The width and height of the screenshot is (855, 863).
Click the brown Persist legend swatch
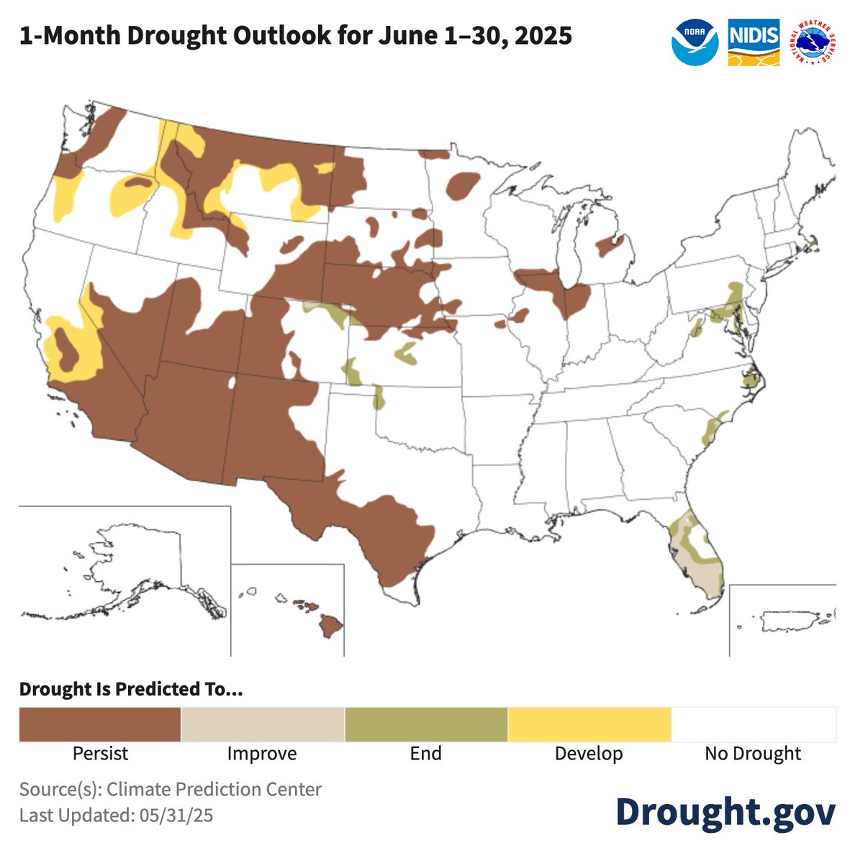(x=99, y=724)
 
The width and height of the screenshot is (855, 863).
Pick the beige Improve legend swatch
(x=263, y=724)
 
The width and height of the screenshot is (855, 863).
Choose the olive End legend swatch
(x=426, y=724)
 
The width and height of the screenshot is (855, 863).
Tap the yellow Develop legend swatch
(x=589, y=724)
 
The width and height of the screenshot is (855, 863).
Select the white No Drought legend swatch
(x=754, y=724)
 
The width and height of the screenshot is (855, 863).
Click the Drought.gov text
(x=725, y=811)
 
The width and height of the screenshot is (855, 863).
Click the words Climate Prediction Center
(x=214, y=789)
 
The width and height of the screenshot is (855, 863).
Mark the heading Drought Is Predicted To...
(x=131, y=689)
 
